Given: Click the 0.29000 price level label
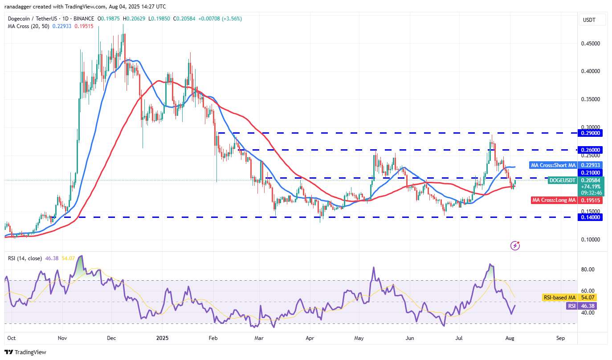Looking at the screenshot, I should coord(590,133).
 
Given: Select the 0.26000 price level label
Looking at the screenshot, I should coord(590,150).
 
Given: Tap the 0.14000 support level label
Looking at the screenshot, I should coord(590,217).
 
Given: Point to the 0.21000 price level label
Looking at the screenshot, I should coord(590,172).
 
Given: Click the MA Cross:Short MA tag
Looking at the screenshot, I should coord(553,165).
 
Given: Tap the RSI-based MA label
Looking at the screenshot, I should coord(559,297).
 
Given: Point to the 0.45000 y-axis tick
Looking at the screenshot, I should coord(590,44).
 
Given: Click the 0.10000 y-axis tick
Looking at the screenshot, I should coord(590,240).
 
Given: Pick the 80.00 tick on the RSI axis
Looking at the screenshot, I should coord(588,270).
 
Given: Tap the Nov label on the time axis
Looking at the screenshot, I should coord(63,338).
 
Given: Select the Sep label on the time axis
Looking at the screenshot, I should coord(560,338).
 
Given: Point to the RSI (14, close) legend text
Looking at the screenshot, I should coord(25,258).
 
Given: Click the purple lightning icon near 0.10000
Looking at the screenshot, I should coord(515,245).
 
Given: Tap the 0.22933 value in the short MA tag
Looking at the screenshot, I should coord(590,165).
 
